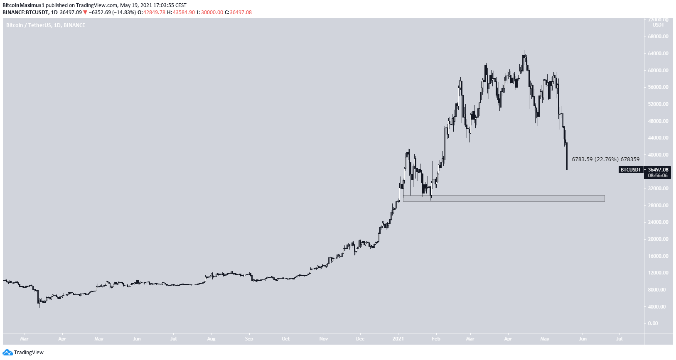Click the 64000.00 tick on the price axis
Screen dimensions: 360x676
tap(658, 54)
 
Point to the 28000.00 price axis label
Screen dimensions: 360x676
tap(658, 206)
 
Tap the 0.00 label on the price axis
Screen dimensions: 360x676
tap(653, 323)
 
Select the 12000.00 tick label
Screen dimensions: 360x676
tap(658, 273)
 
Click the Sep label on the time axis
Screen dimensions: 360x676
tap(249, 339)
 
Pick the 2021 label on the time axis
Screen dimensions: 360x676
tap(398, 339)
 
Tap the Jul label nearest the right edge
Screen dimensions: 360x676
tap(619, 339)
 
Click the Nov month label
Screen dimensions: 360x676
tap(324, 339)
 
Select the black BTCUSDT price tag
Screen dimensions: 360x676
tap(631, 170)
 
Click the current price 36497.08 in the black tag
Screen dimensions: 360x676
tap(658, 170)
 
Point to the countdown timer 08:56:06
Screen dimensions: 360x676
tap(658, 176)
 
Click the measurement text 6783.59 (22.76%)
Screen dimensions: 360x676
tap(595, 159)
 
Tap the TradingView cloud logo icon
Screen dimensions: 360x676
tap(7, 353)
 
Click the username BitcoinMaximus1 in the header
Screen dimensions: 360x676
tap(23, 5)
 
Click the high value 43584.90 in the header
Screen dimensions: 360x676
tap(184, 12)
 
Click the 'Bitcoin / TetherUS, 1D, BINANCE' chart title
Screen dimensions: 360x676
tap(46, 25)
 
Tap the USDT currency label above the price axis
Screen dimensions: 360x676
tap(658, 25)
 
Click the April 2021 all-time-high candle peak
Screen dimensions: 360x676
tap(524, 51)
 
